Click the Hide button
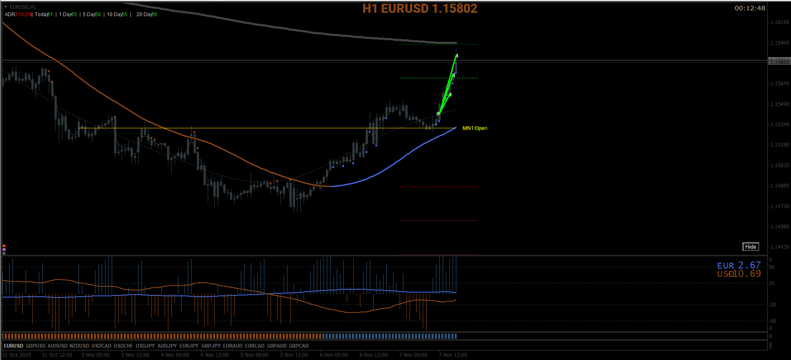[750, 247]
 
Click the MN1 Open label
[475, 128]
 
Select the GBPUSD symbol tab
[36, 346]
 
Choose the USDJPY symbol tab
[145, 346]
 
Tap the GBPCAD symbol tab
[299, 346]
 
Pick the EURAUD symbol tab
[233, 346]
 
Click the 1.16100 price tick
[779, 22]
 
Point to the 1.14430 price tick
[779, 247]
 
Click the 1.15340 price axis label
[779, 125]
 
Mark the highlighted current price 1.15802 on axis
[779, 62]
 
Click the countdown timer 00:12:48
[750, 8]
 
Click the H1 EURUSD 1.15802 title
[419, 9]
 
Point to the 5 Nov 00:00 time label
[254, 355]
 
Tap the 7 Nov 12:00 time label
[453, 355]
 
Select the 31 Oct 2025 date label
[17, 355]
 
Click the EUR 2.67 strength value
[739, 265]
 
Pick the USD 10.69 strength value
[739, 274]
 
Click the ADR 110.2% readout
[18, 14]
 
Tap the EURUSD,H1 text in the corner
[23, 7]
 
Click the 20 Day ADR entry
[147, 14]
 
